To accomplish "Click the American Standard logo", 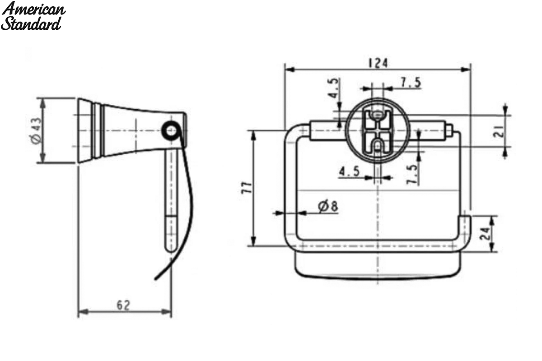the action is tap(33, 16).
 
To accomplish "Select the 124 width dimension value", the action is tap(378, 63).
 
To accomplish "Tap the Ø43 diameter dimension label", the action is tap(37, 130).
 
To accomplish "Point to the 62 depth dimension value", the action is tap(123, 305).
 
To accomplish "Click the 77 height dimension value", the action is tap(247, 188).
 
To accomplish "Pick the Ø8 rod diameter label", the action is tap(328, 206).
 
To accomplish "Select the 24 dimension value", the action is tap(485, 233).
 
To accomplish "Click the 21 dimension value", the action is tap(499, 131).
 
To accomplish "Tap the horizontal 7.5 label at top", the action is tap(411, 82).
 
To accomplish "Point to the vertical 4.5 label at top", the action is tap(334, 88).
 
